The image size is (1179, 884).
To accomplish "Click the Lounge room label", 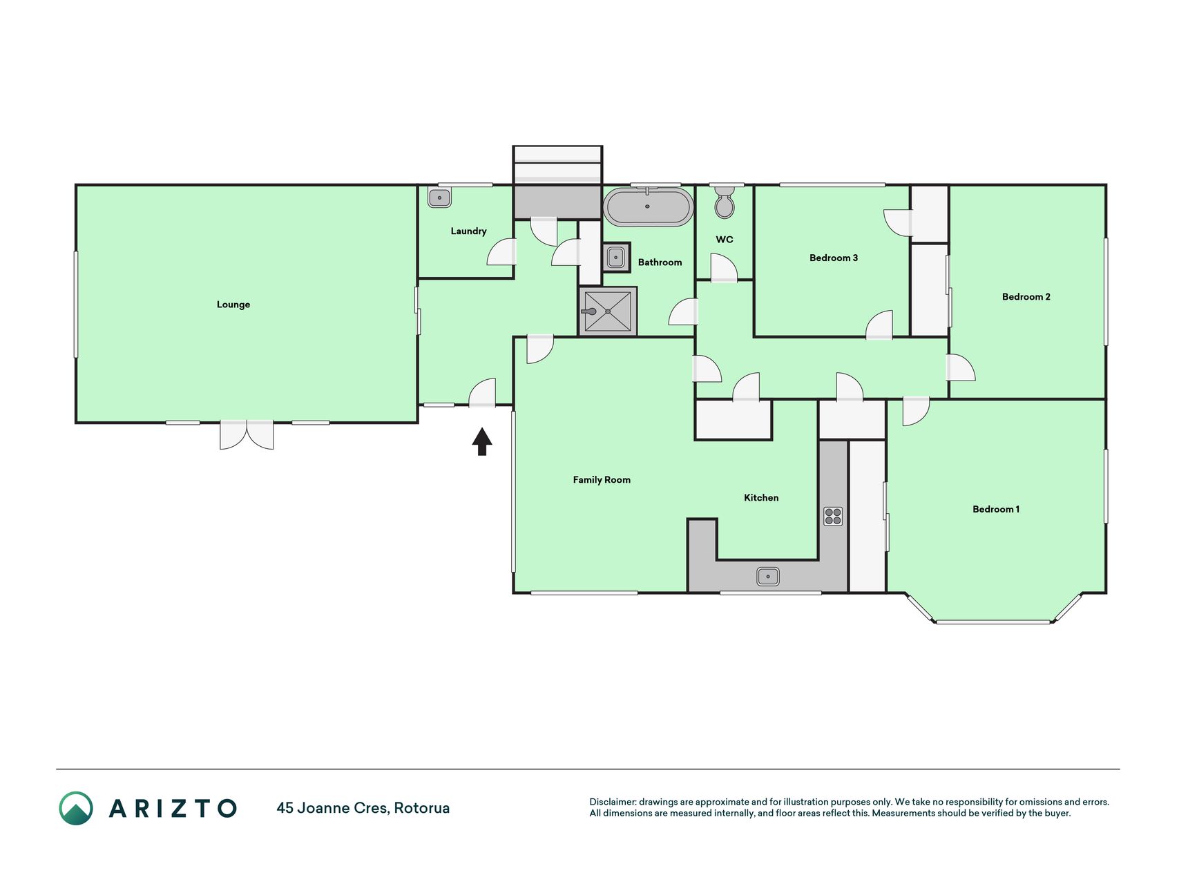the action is [x=233, y=305].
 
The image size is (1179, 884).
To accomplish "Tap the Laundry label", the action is [x=468, y=231].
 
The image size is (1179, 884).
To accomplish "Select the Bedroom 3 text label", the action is [x=834, y=258].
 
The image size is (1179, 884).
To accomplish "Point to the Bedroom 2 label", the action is [x=1026, y=297].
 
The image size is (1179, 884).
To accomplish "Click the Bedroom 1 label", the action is [x=996, y=509].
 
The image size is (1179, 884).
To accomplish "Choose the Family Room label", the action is [x=602, y=480].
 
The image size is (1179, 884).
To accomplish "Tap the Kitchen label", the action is [x=761, y=498].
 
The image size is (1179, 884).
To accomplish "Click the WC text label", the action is [x=725, y=240].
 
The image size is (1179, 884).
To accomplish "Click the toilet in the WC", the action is [x=725, y=201].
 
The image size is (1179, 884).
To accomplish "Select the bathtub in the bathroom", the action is [x=648, y=206].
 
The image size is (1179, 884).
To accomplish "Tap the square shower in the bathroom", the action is [x=608, y=311].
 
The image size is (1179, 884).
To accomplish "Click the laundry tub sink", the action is [x=439, y=198].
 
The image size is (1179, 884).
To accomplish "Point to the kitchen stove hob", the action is [x=833, y=516].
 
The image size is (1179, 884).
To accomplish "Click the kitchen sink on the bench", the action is [x=768, y=576].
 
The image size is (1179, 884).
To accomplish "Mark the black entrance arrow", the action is [x=482, y=441].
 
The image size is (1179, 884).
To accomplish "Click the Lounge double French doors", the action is [x=247, y=434].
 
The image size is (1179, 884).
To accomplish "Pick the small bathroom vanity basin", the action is [x=616, y=258].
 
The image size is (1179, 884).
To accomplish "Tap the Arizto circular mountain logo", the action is [x=76, y=808].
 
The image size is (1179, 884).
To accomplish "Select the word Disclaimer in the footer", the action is [x=612, y=802].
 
